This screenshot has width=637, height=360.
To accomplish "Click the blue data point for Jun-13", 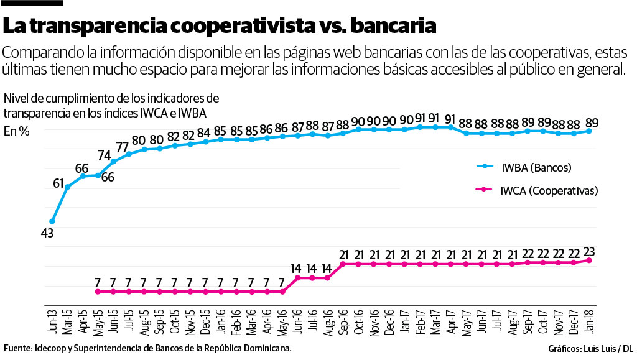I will click(x=52, y=221).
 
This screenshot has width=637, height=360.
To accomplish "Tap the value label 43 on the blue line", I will click(x=47, y=234).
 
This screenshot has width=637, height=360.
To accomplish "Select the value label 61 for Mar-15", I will click(x=58, y=183).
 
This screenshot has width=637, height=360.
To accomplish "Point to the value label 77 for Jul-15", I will click(x=121, y=147).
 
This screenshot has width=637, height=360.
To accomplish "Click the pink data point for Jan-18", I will click(x=588, y=261).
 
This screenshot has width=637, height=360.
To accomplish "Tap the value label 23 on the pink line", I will click(x=588, y=252).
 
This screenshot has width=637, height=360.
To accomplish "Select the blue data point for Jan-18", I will click(x=588, y=131).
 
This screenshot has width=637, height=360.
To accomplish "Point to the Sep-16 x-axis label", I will click(x=343, y=320).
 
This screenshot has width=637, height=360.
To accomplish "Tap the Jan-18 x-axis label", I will click(x=588, y=320).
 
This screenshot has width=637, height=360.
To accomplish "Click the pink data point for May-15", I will click(x=98, y=292).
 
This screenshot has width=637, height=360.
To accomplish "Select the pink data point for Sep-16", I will click(x=343, y=264).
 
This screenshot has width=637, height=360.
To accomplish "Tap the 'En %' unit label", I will click(x=17, y=131).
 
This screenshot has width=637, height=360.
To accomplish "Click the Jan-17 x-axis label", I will click(x=404, y=320).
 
